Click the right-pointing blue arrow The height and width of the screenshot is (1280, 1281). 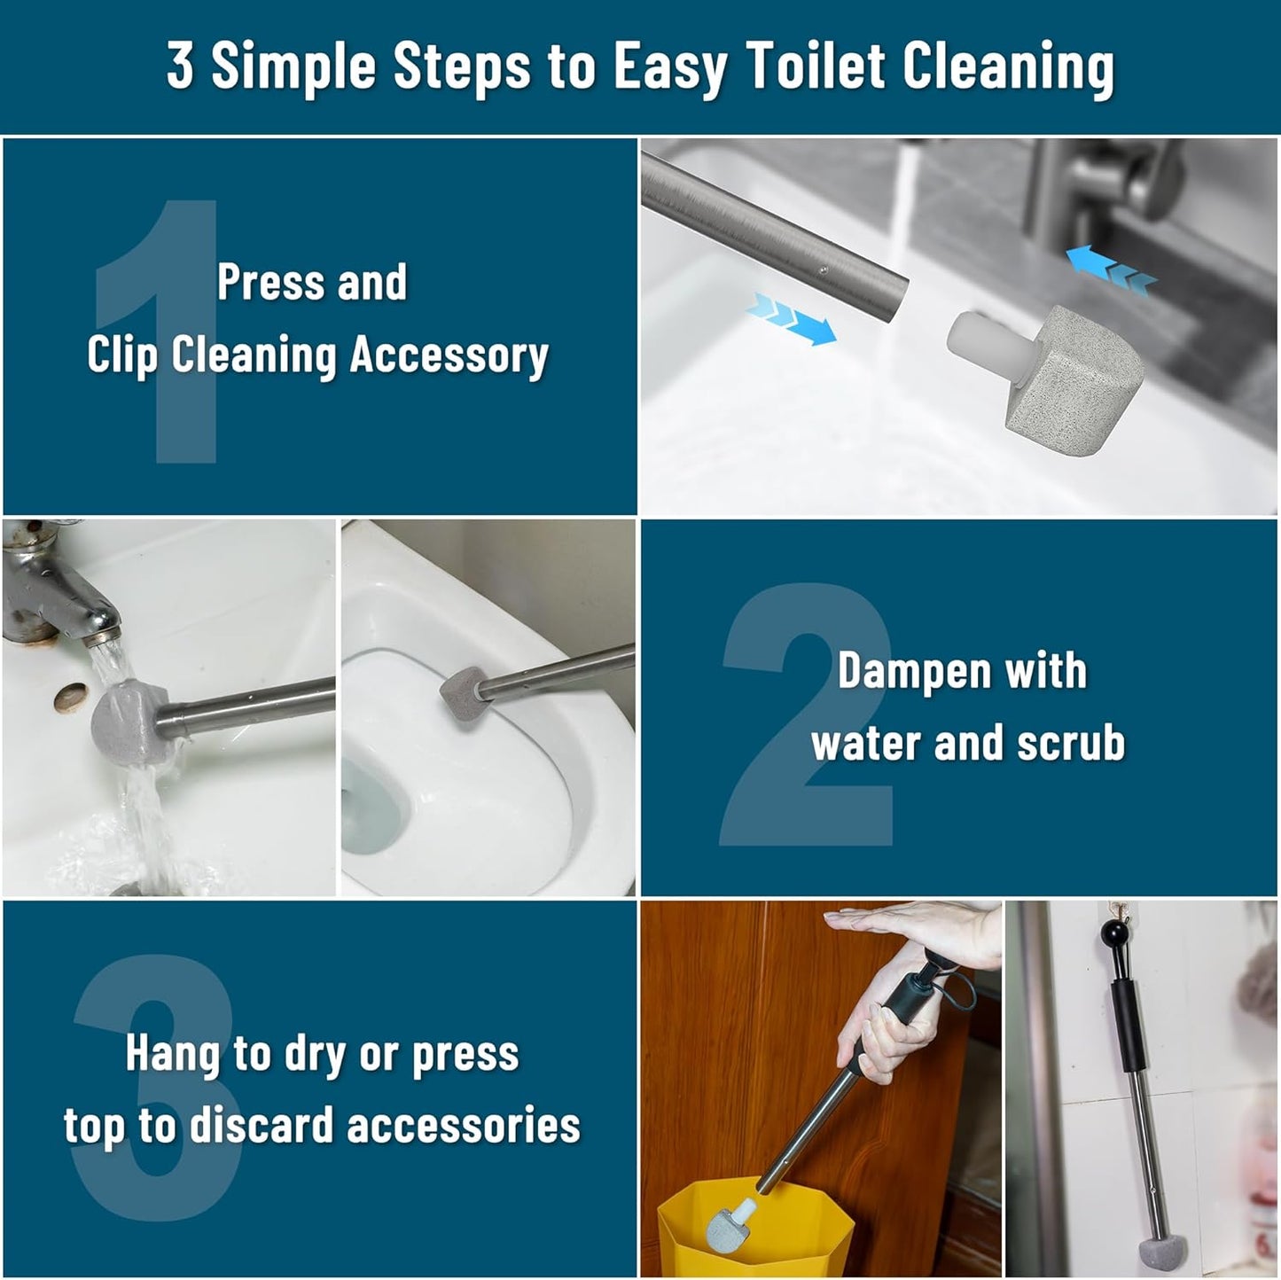point(792,319)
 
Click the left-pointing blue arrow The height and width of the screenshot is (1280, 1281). point(1110,270)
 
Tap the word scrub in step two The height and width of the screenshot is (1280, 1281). point(1070,743)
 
